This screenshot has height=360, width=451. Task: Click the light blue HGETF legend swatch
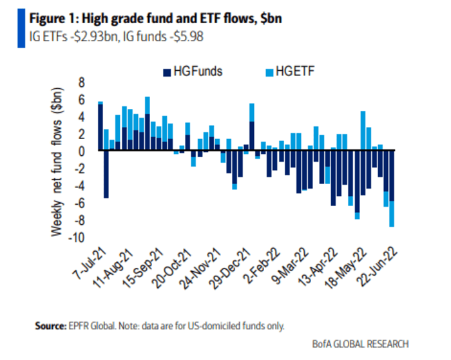coord(269,71)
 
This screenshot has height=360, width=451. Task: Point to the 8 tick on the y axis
coord(82,82)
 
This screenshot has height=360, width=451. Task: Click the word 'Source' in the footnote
coord(52,326)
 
